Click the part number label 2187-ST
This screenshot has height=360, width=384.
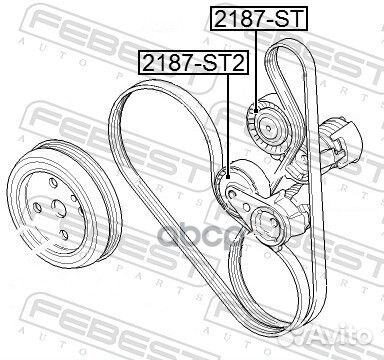[x=259, y=18]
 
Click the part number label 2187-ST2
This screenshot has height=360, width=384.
[x=193, y=62]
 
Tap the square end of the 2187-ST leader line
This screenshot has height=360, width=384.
[x=256, y=111]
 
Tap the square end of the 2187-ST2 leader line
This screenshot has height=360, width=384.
[x=228, y=177]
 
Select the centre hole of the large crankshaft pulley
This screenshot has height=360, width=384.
[x=58, y=208]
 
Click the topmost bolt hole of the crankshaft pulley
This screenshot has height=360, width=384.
[x=53, y=183]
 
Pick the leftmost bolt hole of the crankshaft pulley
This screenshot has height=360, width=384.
[x=38, y=208]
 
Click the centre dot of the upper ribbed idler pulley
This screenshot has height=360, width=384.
[x=269, y=127]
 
